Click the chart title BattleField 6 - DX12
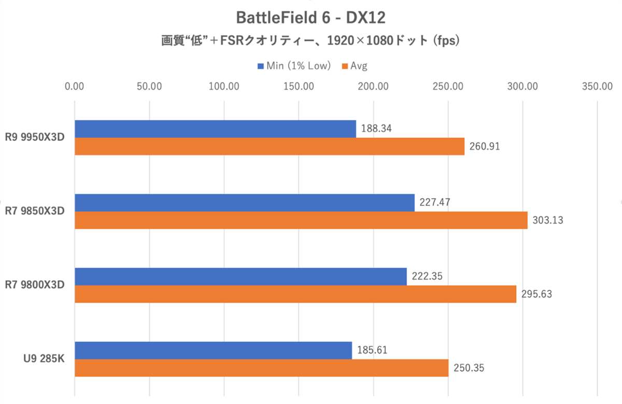(311, 18)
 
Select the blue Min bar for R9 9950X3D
(215, 129)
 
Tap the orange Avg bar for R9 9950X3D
(270, 146)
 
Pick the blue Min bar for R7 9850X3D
(245, 203)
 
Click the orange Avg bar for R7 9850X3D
(301, 220)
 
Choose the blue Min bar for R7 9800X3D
(241, 276)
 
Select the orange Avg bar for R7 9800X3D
(295, 294)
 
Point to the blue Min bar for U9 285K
(213, 350)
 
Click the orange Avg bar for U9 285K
(262, 368)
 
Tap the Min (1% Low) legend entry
(293, 66)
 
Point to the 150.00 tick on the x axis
(299, 87)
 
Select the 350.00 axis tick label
(598, 87)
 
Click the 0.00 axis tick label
(75, 87)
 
